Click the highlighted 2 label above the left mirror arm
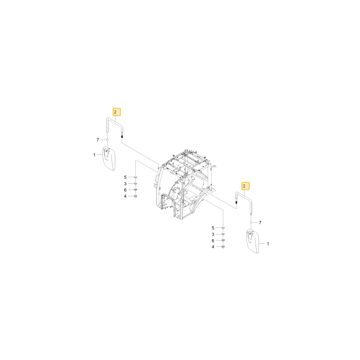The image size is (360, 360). click(x=117, y=112)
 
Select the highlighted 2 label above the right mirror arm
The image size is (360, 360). click(x=246, y=186)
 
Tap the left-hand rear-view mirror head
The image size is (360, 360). click(x=108, y=159)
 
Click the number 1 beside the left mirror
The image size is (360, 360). click(x=94, y=155)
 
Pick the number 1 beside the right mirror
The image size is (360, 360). click(x=268, y=244)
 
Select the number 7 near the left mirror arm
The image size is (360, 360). click(x=98, y=140)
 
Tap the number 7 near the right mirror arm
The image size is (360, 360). click(x=260, y=223)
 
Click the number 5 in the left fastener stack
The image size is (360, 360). click(x=125, y=177)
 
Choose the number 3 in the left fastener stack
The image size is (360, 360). click(x=125, y=184)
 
